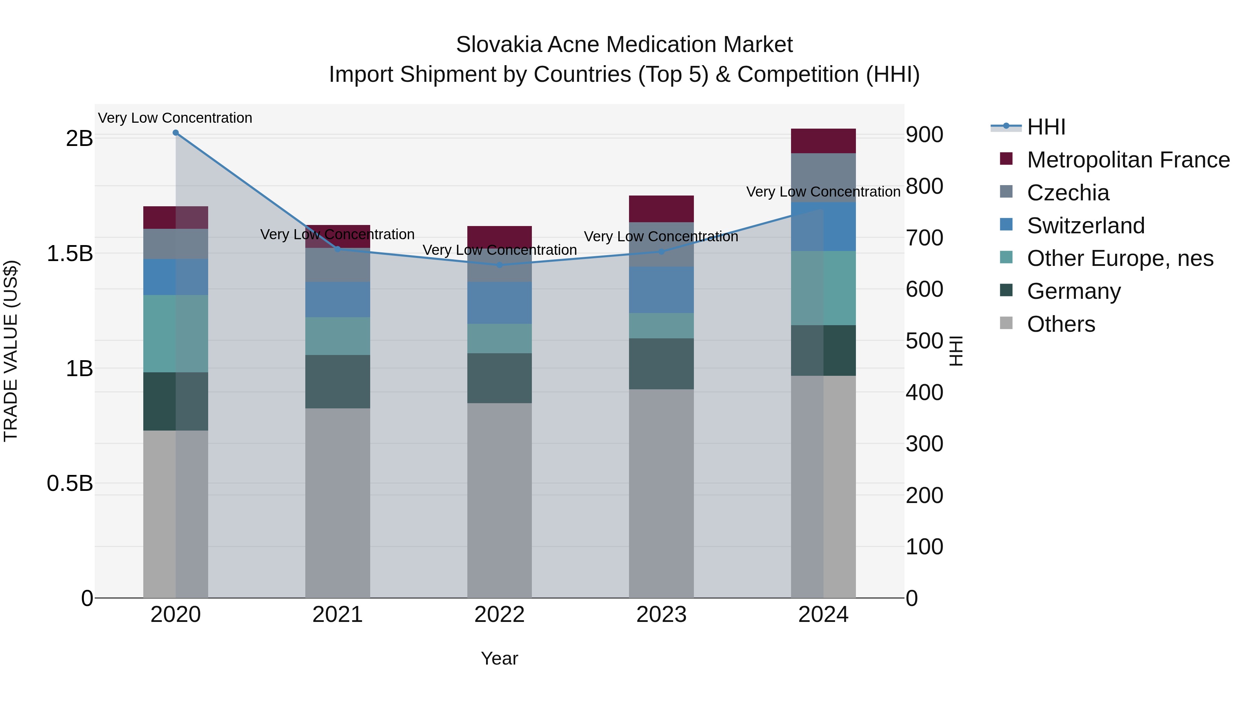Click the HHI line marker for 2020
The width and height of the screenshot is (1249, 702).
click(176, 133)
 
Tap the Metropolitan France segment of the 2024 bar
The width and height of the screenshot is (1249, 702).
click(823, 141)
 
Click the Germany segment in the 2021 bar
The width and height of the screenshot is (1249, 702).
click(338, 382)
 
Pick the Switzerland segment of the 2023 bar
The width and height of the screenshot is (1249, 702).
click(661, 290)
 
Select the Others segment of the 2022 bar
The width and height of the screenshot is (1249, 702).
click(499, 501)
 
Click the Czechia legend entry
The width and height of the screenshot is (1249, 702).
click(1068, 193)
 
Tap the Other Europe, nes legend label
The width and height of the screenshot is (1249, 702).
click(1120, 258)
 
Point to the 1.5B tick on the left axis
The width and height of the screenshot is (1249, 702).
click(70, 253)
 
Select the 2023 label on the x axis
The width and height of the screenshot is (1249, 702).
click(661, 615)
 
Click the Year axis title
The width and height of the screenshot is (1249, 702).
click(499, 658)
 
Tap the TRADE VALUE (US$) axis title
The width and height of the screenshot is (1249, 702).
click(11, 351)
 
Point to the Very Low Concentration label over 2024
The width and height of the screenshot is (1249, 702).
click(823, 192)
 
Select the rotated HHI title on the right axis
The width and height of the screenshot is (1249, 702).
click(955, 351)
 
